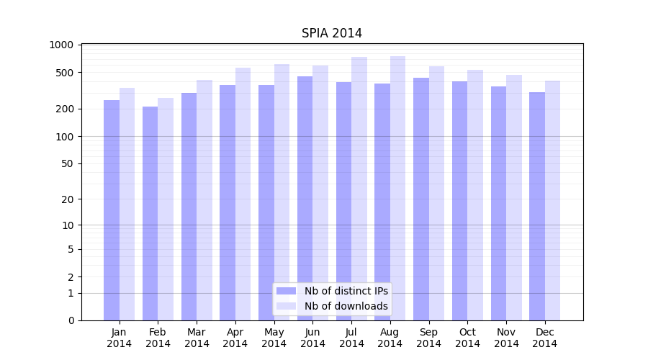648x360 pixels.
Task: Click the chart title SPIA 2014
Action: pyautogui.click(x=331, y=34)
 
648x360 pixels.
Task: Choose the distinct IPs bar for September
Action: pyautogui.click(x=421, y=199)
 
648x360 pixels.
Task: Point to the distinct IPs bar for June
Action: pyautogui.click(x=305, y=198)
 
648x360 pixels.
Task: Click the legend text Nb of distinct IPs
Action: pyautogui.click(x=346, y=291)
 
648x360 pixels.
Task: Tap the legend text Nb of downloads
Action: pyautogui.click(x=346, y=306)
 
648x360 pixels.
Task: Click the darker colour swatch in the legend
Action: pyautogui.click(x=286, y=291)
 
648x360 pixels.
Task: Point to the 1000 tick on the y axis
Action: pyautogui.click(x=61, y=45)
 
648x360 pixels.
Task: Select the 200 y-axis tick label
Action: pyautogui.click(x=65, y=109)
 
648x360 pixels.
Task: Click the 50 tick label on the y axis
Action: pyautogui.click(x=68, y=163)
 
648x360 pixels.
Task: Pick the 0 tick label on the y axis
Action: pyautogui.click(x=71, y=320)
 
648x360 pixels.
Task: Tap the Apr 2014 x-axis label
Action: pyautogui.click(x=235, y=338)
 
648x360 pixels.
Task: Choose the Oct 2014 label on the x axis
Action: pyautogui.click(x=467, y=338)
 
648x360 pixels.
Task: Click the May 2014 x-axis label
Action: pyautogui.click(x=274, y=338)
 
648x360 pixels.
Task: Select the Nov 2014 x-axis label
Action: pyautogui.click(x=506, y=338)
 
